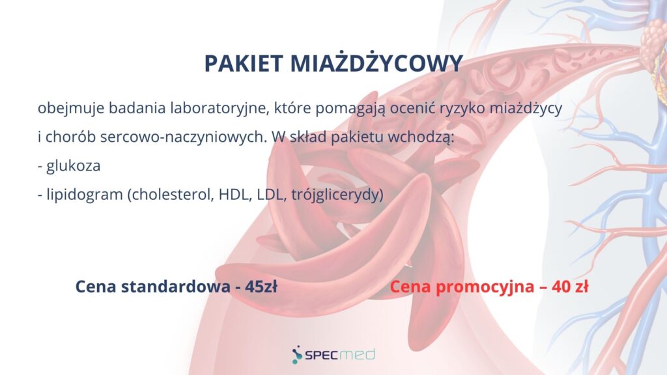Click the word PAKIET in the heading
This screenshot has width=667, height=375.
point(244,63)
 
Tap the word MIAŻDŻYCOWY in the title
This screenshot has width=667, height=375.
point(376,62)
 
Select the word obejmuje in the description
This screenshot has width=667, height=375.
point(71,109)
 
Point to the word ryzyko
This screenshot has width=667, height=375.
point(462,109)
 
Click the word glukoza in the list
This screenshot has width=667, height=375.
point(73,165)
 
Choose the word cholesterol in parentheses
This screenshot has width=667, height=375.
point(171,194)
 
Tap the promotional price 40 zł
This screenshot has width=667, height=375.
point(570,286)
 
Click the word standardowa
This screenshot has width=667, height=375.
point(176,286)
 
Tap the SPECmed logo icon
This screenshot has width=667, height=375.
point(297,355)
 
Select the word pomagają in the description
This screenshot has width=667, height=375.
point(350,109)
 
